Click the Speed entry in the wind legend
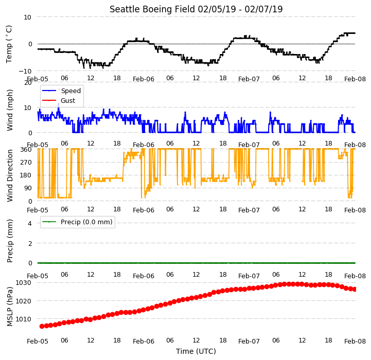coord(61,91)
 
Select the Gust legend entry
coord(59,100)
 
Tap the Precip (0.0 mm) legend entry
coord(77,222)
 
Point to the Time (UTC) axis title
coord(196,351)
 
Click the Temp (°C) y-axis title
coord(9,44)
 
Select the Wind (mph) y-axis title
coord(9,110)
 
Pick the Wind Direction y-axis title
coord(9,175)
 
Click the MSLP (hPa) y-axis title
coord(9,307)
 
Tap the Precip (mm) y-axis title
coord(9,241)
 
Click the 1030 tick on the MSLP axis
coord(24,283)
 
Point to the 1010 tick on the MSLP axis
coord(24,319)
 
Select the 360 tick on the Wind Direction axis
coord(26,150)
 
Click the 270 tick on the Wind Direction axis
coord(26,163)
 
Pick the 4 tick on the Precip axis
coord(29,223)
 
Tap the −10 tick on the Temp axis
coord(25,71)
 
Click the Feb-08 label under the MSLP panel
coord(355,341)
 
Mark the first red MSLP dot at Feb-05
coord(42,326)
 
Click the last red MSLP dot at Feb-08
coord(355,289)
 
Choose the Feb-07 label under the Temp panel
coord(249,79)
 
